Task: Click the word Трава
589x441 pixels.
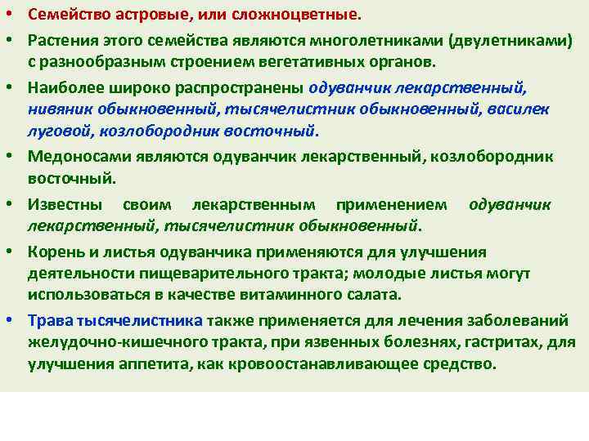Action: click(x=47, y=318)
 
